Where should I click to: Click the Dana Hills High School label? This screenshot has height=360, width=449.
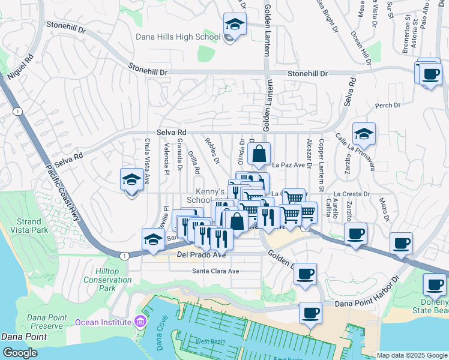pos(178,37)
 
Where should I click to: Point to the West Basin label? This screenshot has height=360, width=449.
pos(211,341)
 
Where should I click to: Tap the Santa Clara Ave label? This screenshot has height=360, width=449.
pos(215,271)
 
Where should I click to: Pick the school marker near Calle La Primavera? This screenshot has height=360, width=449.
pos(364,134)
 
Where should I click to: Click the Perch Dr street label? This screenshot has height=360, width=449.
pos(387,106)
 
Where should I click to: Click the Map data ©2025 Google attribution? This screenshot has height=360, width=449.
pos(411,355)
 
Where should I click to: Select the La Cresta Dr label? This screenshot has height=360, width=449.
pos(352,194)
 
